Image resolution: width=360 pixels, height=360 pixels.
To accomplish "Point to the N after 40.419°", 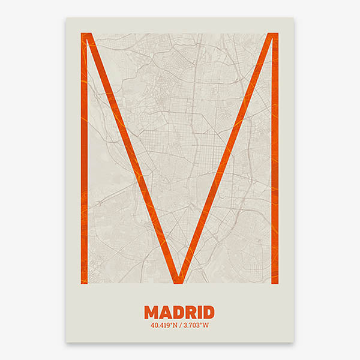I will coord(175,326).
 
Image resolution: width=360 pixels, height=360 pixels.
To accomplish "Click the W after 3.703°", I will coord(206,326).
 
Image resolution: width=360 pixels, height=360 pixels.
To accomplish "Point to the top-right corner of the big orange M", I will coord(277,34).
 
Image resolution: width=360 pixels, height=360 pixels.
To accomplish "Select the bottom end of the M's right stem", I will coord(275,281).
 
